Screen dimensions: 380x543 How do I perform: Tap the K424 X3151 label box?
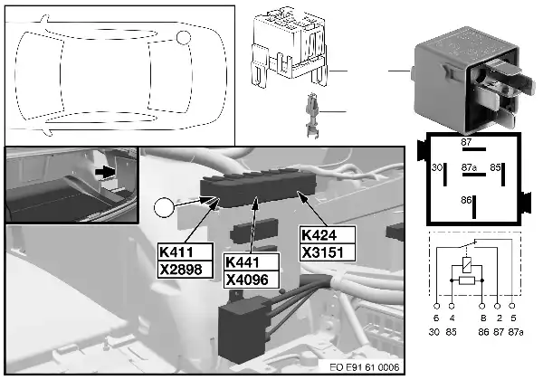(x=327, y=242)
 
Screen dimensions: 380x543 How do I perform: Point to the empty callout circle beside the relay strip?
(x=165, y=209)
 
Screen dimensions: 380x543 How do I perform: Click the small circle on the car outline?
(x=186, y=38)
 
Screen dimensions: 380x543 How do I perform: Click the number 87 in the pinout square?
(x=466, y=142)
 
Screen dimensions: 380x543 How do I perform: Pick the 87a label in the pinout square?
(x=468, y=167)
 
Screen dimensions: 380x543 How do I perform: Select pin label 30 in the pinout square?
(x=436, y=167)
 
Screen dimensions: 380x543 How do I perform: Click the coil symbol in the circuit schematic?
(x=464, y=265)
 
